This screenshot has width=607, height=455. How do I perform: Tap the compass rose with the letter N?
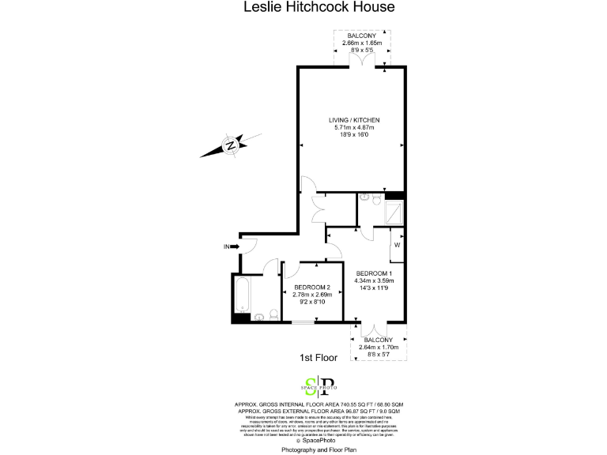coord(229,145)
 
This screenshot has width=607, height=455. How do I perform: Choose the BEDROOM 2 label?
coord(312,288)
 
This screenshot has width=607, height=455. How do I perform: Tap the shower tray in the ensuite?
coord(393,211)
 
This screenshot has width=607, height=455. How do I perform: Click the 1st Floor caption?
coord(319,358)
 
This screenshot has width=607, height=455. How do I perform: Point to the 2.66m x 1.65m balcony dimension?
coord(361,43)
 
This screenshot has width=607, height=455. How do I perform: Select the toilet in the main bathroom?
coord(271,315)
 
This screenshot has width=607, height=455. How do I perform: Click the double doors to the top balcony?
coord(363,62)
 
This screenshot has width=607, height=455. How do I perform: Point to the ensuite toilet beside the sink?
coord(366,198)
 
